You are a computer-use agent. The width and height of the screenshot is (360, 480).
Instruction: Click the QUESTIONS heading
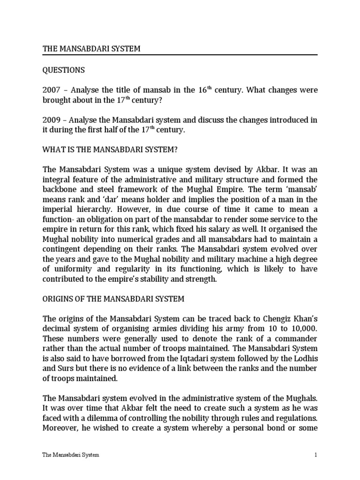[x=64, y=70]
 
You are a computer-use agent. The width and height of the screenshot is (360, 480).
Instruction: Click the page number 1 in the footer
[x=316, y=455]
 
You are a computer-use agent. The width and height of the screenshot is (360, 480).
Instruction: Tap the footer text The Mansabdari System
[x=70, y=455]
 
